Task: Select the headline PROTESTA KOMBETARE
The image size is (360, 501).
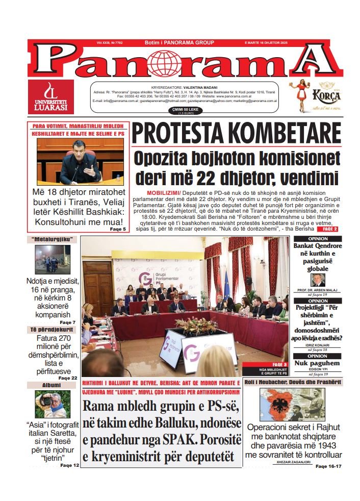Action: (236, 133)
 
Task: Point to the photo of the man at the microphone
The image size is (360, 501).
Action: (80, 162)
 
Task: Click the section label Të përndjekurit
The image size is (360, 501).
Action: (53, 330)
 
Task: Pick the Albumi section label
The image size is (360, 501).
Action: (52, 385)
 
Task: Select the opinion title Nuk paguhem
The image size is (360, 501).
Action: (317, 363)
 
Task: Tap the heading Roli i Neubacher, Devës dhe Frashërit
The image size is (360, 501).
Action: (293, 382)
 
